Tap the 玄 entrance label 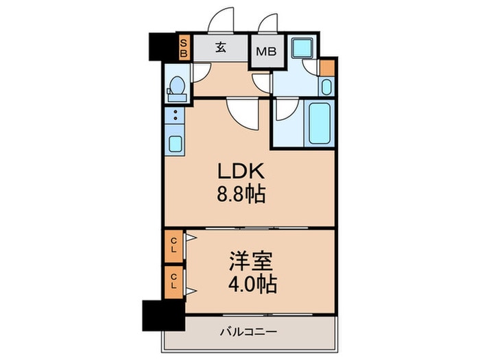221,47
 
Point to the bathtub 320,123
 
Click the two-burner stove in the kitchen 176,116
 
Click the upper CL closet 174,245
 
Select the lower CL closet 174,281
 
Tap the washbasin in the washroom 326,86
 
